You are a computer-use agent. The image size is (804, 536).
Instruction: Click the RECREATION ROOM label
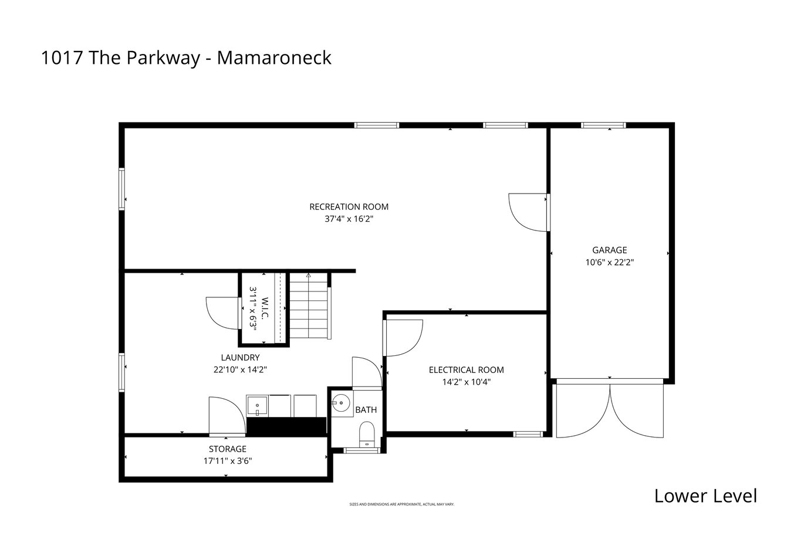click(349, 206)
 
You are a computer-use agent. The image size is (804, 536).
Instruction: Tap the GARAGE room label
click(610, 250)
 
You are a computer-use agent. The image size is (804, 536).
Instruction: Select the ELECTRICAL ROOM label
click(466, 370)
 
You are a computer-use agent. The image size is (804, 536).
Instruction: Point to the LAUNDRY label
click(240, 357)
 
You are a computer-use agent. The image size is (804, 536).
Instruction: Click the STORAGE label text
click(228, 449)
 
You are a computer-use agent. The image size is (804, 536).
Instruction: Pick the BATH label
click(366, 410)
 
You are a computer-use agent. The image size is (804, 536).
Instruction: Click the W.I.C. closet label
click(265, 308)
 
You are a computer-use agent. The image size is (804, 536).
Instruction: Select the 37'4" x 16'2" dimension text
click(349, 219)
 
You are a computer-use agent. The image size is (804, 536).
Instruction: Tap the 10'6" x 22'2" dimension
click(610, 262)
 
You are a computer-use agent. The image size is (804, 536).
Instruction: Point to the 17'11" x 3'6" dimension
click(228, 461)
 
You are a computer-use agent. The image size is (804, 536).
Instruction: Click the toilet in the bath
click(367, 435)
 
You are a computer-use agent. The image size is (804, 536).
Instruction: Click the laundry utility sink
click(257, 406)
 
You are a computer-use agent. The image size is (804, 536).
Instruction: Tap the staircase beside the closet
click(309, 306)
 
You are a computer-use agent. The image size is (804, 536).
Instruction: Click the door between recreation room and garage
click(529, 212)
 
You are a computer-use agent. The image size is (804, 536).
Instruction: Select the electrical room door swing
click(403, 338)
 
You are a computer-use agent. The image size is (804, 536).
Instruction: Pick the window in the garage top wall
click(604, 125)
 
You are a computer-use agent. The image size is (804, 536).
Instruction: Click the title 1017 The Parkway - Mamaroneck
click(186, 57)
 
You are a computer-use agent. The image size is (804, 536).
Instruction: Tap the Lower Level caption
click(705, 496)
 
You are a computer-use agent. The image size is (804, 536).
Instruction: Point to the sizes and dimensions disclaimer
click(402, 504)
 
